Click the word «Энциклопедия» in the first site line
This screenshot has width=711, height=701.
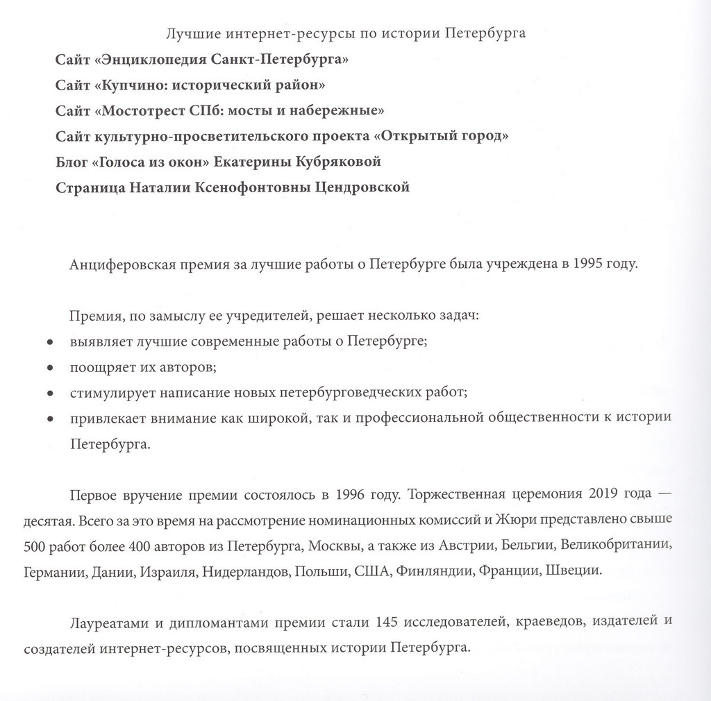click(147, 59)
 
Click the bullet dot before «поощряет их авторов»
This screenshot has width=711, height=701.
click(49, 368)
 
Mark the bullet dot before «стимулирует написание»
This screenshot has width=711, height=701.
click(49, 394)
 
